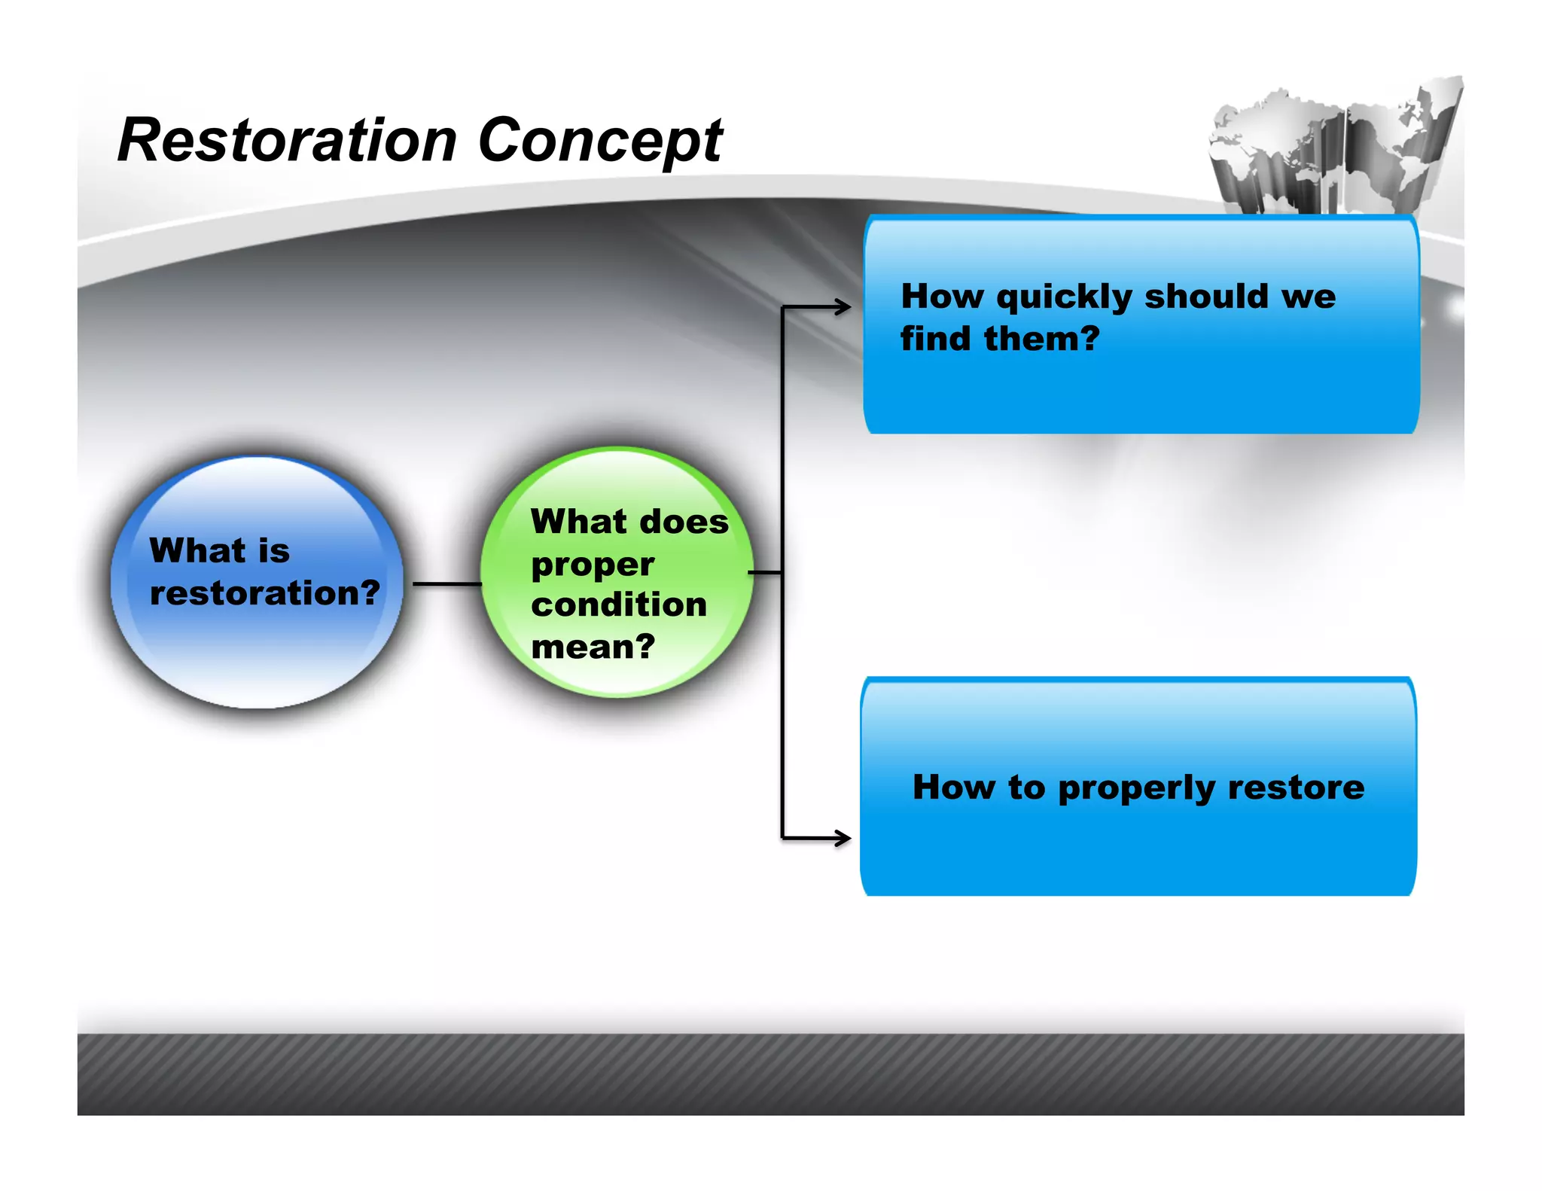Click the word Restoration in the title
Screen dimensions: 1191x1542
pyautogui.click(x=288, y=141)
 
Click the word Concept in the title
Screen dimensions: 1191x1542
pyautogui.click(x=600, y=141)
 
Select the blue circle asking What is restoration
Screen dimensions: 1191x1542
pyautogui.click(x=257, y=647)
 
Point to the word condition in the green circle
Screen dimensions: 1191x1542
pyautogui.click(x=619, y=605)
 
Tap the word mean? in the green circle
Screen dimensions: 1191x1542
pyautogui.click(x=593, y=647)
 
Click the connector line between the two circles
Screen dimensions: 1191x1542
pyautogui.click(x=446, y=583)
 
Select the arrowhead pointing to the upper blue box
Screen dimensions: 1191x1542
pyautogui.click(x=843, y=306)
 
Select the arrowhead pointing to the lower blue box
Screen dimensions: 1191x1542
pyautogui.click(x=843, y=837)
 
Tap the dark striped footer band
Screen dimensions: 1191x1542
pyautogui.click(x=770, y=1074)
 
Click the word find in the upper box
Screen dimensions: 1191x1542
pyautogui.click(x=936, y=340)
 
